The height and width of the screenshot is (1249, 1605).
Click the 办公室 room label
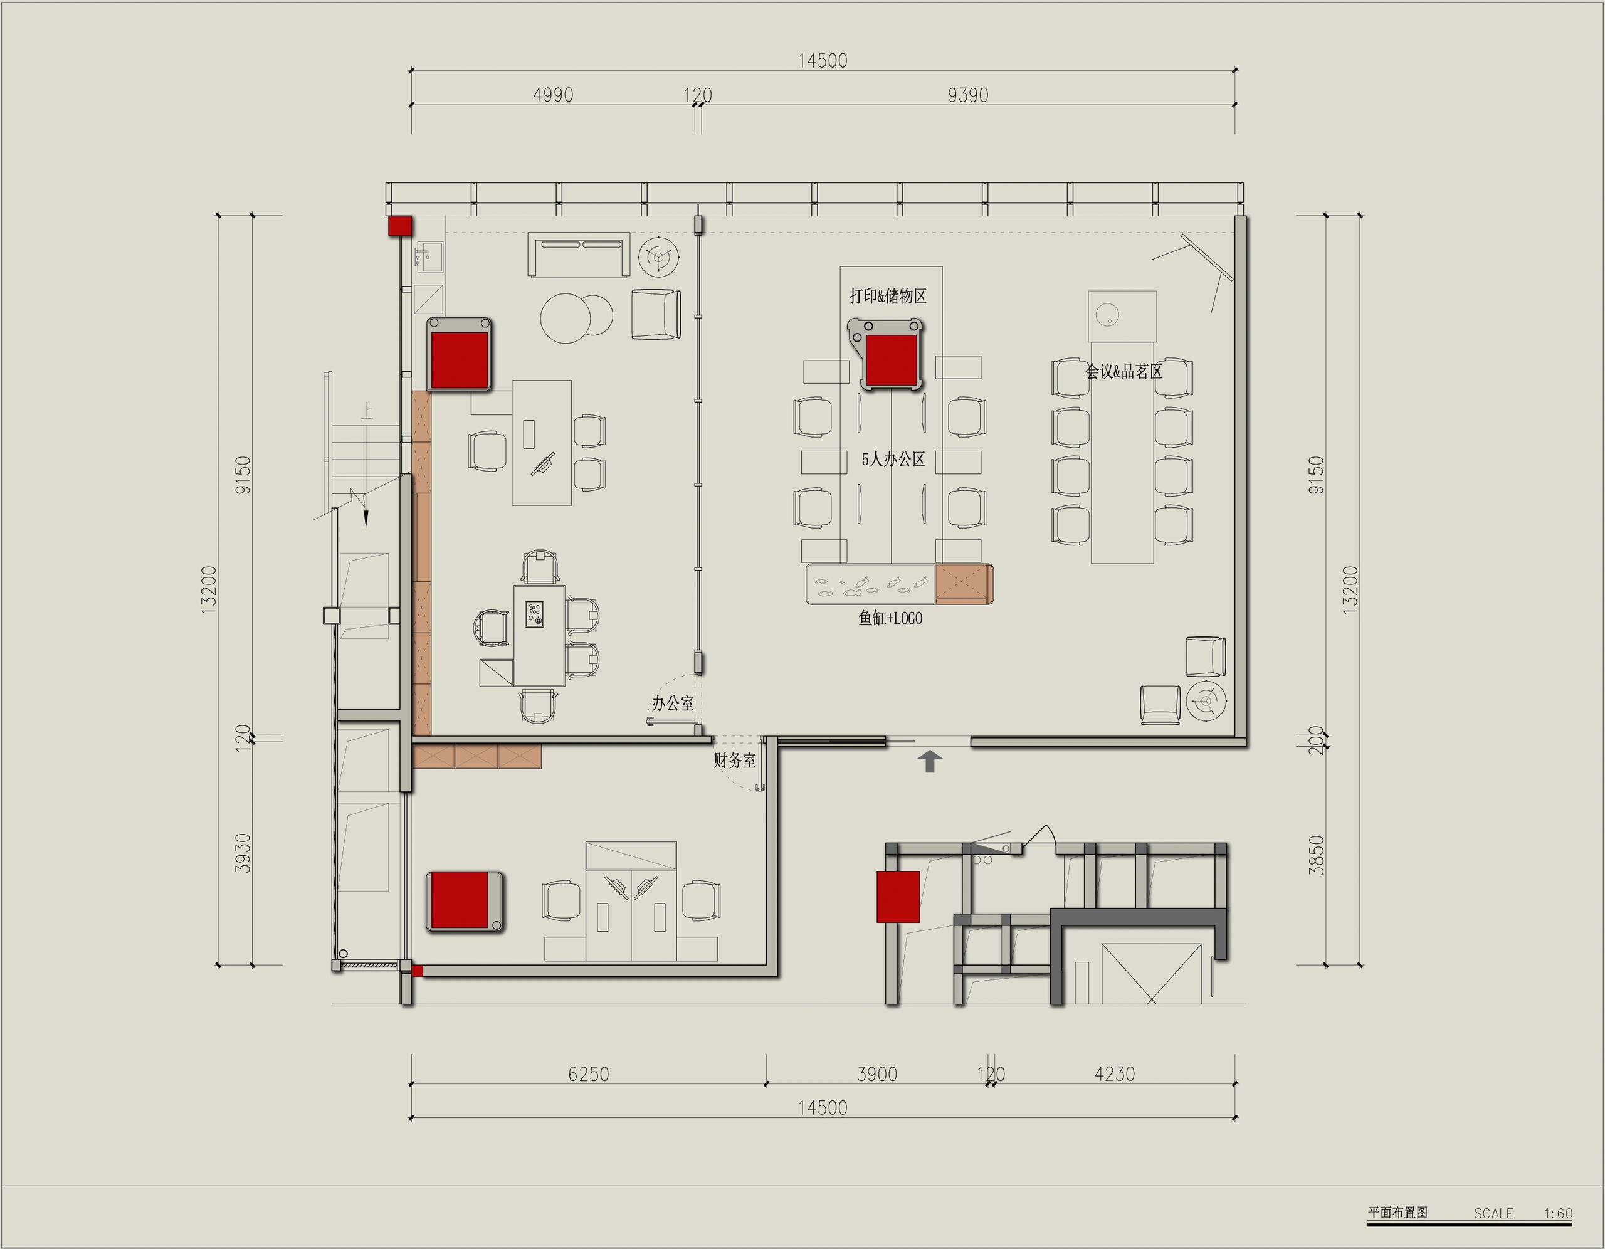673,704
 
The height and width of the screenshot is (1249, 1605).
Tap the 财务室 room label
735,760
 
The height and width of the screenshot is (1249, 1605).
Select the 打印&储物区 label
888,295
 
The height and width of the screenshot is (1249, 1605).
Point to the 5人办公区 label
893,460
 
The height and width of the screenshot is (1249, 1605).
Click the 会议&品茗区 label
1124,371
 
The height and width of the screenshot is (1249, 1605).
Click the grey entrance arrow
930,761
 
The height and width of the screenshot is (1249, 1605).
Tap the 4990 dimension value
552,95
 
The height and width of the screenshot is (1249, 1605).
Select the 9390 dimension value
968,95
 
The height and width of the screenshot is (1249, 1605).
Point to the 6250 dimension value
589,1074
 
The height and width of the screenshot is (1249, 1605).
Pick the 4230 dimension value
1115,1074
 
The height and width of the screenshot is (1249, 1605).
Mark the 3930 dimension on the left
243,853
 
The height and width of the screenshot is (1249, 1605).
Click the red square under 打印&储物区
892,361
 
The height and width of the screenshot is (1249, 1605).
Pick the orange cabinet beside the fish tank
964,584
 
